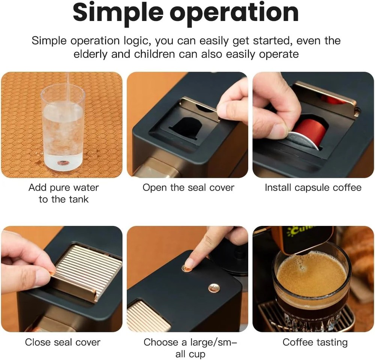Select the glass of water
coord(63,127)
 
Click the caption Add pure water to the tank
coord(63,193)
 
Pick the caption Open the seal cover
coord(188,188)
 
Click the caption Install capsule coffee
coord(313,188)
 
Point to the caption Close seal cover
coord(63,342)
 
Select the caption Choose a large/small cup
coord(190,348)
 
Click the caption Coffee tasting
coord(315,342)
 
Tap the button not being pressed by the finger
coord(214,288)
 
